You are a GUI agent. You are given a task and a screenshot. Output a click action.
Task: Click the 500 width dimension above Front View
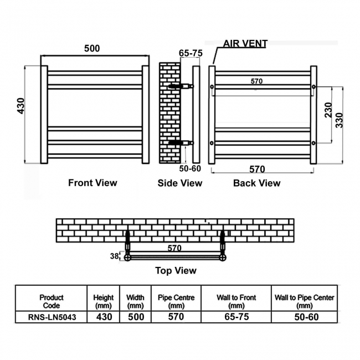92,48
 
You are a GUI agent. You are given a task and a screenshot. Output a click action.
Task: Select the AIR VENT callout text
245,44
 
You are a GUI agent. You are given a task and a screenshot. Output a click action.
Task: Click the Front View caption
92,182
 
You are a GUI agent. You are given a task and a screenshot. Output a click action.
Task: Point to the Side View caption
180,183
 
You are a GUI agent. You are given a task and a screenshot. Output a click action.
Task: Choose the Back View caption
256,183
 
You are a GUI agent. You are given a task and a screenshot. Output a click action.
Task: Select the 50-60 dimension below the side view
190,168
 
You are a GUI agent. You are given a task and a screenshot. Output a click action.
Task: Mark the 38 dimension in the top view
114,256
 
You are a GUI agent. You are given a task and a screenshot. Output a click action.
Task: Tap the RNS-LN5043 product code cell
51,317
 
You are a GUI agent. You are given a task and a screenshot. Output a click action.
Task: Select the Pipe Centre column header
176,301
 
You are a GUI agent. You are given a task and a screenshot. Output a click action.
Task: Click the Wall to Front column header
236,301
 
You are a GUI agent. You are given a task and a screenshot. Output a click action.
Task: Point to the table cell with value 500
135,317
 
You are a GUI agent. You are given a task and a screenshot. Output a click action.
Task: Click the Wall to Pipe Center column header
305,301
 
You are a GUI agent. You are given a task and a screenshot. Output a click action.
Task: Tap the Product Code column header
51,301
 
